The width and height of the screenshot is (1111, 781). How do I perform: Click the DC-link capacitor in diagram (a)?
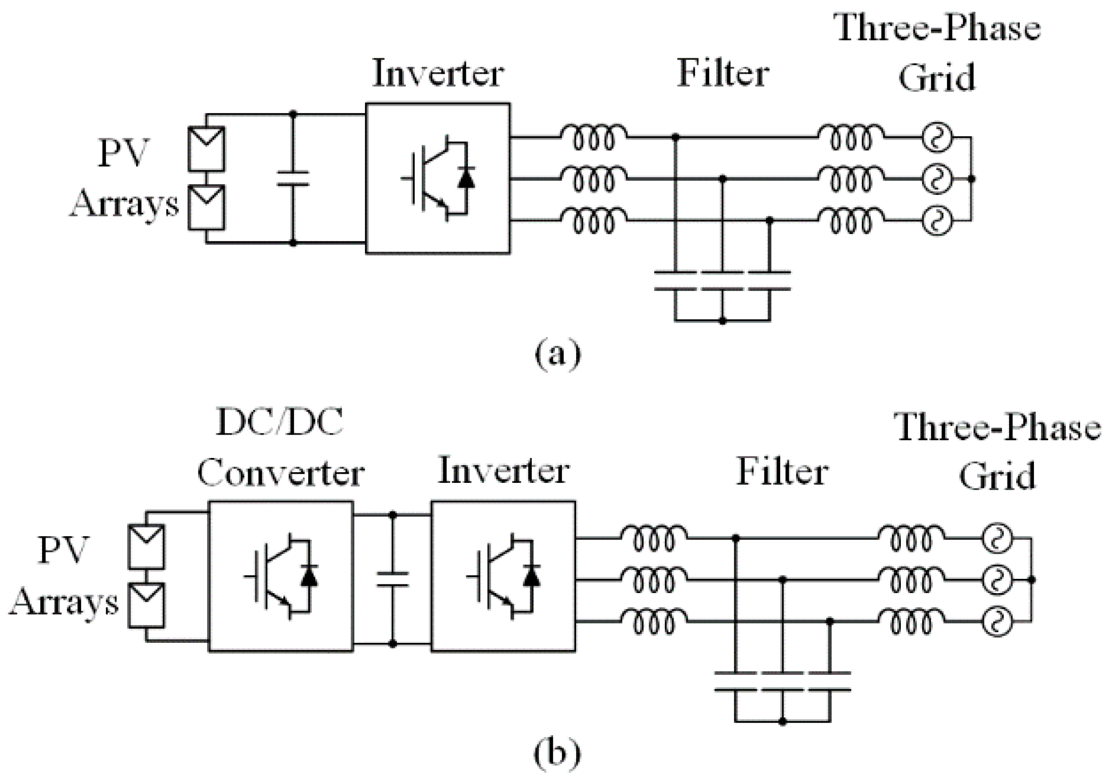293,178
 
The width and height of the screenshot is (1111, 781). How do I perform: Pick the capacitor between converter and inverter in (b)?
392,579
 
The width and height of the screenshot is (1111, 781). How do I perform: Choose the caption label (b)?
557,754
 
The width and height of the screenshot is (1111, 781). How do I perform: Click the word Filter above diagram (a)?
723,73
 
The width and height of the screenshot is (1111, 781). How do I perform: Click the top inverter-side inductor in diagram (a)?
594,137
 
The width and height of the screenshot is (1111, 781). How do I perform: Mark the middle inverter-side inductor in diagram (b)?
654,579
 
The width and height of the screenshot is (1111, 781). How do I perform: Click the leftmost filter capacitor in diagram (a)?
675,281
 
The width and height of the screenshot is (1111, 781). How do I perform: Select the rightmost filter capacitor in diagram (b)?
830,682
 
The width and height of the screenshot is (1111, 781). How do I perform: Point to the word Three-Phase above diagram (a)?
937,27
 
